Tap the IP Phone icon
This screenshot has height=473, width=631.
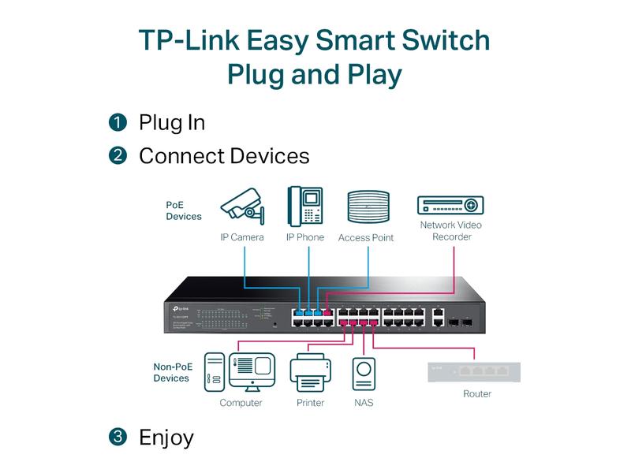point(304,207)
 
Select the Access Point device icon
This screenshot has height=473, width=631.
point(368,208)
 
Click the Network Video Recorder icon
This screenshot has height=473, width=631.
point(450,204)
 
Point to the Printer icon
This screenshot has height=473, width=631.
point(310,373)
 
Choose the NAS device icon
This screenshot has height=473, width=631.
point(364,374)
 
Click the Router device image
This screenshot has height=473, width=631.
point(473,371)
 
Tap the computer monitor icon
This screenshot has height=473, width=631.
point(252,371)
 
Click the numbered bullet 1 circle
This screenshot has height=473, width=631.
point(118,122)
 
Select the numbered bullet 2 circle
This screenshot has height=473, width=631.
point(118,155)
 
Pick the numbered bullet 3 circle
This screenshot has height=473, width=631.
point(118,437)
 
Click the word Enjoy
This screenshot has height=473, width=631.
point(166,438)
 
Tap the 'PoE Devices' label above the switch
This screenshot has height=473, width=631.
point(183,210)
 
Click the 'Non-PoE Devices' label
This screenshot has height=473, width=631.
point(172,372)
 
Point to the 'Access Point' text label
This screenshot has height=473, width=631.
point(365,237)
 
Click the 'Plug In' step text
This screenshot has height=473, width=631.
point(172,123)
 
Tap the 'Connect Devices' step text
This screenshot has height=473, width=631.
point(224,156)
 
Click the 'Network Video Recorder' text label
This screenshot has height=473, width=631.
point(450,231)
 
